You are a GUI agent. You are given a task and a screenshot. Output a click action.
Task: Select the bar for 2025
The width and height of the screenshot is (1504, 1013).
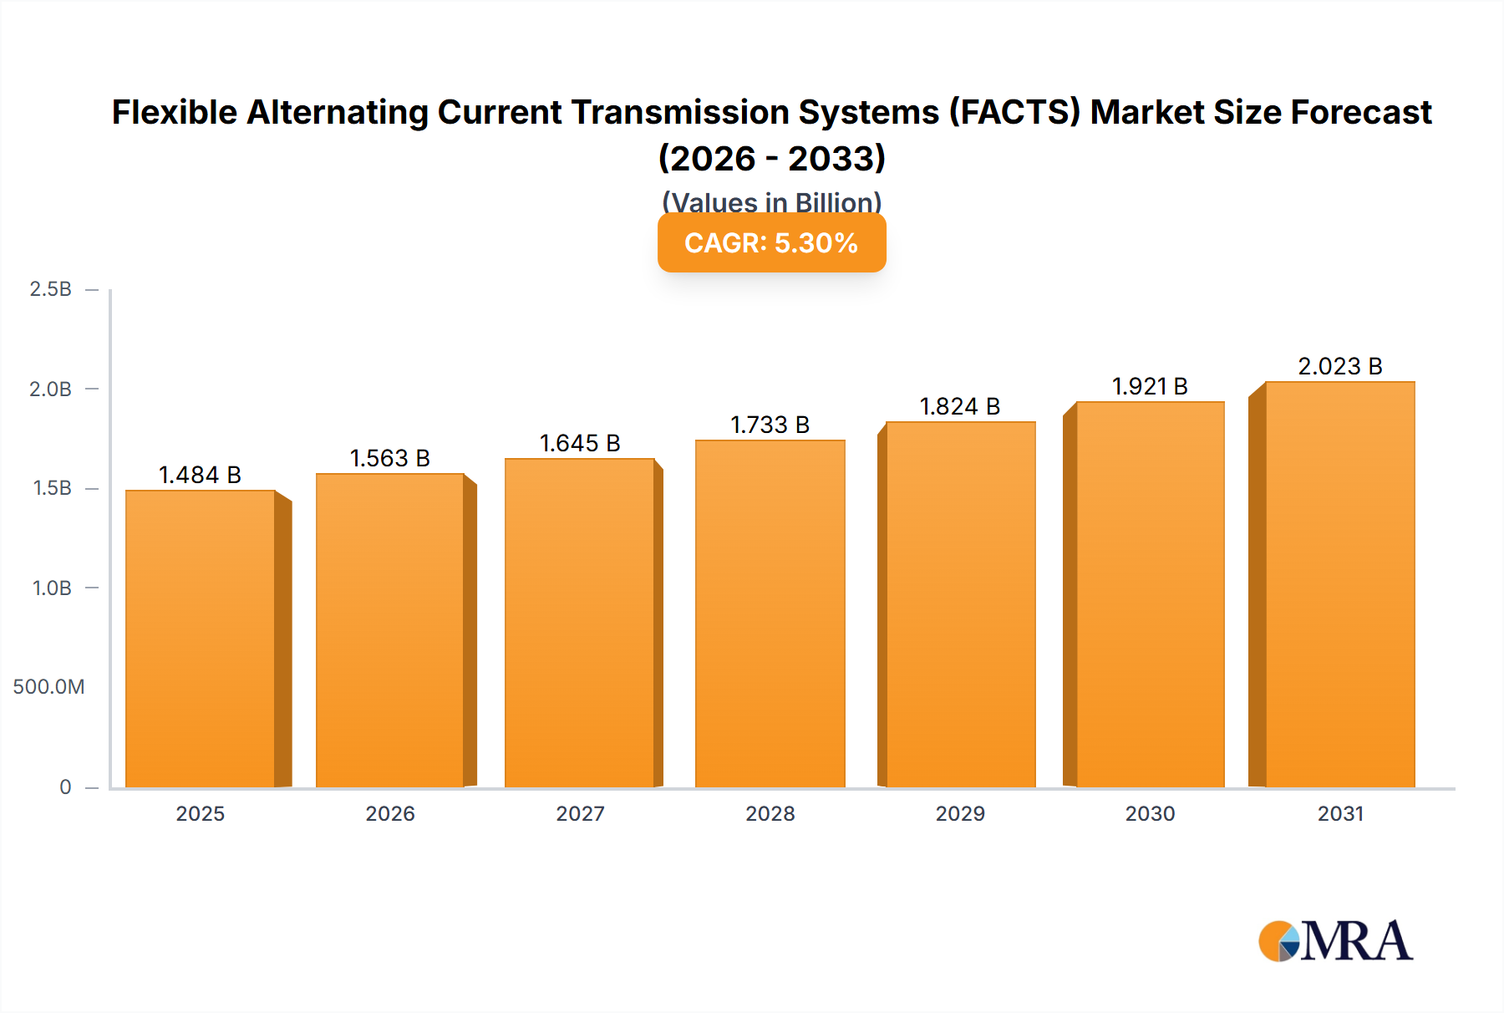(201, 639)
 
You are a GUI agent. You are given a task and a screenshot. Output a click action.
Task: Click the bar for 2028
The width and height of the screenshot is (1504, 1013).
(770, 614)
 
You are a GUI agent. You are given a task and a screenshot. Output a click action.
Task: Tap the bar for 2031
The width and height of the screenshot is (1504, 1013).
(1340, 585)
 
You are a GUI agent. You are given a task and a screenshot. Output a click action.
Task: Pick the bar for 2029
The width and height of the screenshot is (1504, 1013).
(961, 605)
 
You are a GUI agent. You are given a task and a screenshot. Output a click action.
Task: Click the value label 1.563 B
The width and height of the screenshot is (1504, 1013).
(389, 458)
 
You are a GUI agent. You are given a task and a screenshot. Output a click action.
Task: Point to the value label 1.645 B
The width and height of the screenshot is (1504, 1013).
(580, 443)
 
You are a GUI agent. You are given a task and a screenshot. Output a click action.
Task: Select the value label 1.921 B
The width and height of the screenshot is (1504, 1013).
(1150, 386)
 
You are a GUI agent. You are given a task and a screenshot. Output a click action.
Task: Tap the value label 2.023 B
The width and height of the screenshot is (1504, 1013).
(1340, 366)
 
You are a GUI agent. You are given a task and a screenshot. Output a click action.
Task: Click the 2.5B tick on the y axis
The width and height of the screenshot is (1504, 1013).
(51, 289)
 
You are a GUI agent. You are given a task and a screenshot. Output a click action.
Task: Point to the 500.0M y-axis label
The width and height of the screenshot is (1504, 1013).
(48, 687)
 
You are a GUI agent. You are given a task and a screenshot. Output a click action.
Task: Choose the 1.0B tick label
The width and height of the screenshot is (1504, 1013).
(52, 588)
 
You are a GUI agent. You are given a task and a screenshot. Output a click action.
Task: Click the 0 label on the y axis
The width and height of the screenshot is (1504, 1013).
(65, 786)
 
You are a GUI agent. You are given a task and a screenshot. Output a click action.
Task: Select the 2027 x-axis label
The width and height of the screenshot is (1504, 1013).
(580, 813)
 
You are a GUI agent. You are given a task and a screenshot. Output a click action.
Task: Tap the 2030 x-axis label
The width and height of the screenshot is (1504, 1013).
(1150, 813)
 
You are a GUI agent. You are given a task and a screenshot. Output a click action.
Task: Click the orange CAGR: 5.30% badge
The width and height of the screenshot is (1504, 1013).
(771, 243)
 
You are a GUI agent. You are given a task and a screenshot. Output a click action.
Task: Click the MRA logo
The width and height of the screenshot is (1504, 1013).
(1335, 941)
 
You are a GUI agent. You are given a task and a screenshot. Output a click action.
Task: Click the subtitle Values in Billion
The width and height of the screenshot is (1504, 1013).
(771, 202)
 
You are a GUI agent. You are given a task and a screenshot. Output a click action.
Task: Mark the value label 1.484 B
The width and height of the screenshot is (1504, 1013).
(200, 475)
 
